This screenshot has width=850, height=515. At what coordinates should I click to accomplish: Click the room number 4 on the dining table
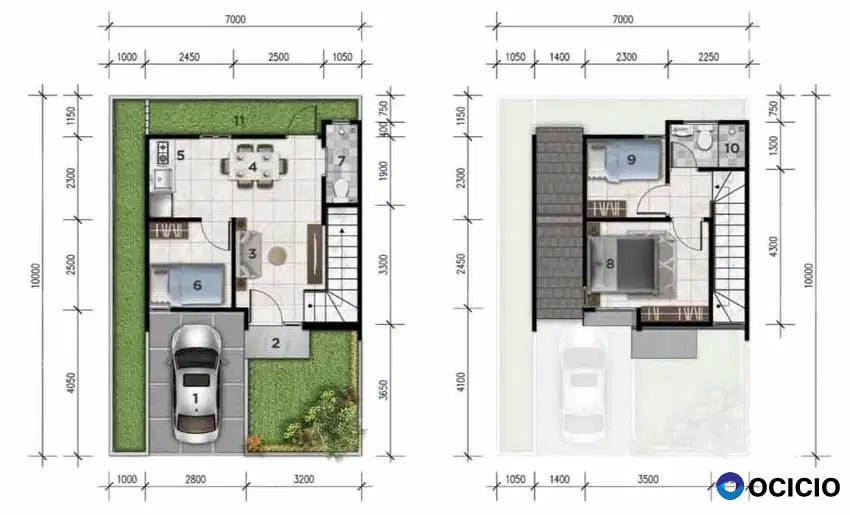coord(253,166)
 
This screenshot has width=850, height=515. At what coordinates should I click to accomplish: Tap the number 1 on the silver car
coord(195,399)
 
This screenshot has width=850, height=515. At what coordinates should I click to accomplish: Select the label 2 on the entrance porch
coord(276,343)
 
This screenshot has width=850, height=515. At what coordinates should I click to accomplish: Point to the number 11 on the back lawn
coord(239,120)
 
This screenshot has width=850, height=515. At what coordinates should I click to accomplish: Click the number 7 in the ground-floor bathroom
coord(341,161)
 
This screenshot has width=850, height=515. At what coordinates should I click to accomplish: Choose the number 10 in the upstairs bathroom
coord(732,148)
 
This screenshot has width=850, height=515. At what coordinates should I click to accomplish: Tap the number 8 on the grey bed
coord(610,264)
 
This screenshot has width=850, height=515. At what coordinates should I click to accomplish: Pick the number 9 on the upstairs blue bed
coord(631,159)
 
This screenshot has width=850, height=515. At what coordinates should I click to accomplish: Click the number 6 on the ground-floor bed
coord(197,285)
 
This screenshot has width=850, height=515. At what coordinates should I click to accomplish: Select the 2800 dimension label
coord(196,479)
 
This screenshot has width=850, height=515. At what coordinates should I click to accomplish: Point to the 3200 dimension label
coord(304,479)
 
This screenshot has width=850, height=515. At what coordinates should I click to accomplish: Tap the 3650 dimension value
coord(383,390)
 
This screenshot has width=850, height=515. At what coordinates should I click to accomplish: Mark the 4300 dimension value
coord(774,247)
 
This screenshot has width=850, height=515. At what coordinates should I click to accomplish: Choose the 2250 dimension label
coord(709,57)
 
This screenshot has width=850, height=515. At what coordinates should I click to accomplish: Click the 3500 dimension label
coord(648,479)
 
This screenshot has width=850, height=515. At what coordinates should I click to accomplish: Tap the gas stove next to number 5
coord(162,152)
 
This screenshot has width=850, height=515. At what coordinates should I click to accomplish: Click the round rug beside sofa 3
coord(278,255)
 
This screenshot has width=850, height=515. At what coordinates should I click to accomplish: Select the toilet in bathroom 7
coord(341,188)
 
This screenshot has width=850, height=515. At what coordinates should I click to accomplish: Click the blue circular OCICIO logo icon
coord(730,486)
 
